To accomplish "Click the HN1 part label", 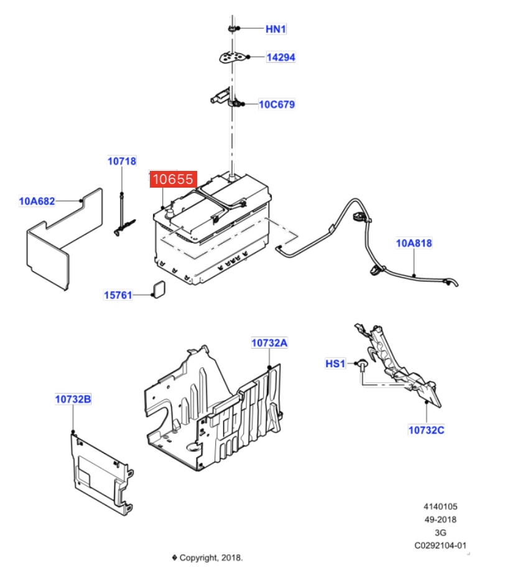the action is [x=276, y=29].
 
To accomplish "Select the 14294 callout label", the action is [x=281, y=57].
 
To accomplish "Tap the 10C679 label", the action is [x=277, y=104].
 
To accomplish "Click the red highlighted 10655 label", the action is [x=173, y=179].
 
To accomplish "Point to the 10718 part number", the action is [x=122, y=161].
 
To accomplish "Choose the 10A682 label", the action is [x=37, y=201].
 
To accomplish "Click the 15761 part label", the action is [x=118, y=295].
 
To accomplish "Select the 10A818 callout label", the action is [x=414, y=243].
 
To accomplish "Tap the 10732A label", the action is [x=269, y=342].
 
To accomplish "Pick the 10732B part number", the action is [x=73, y=399].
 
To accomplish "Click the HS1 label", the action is [x=335, y=364].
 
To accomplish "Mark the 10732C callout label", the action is [x=426, y=430].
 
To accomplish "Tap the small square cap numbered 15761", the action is [x=159, y=289].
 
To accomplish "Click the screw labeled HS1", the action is [x=362, y=365].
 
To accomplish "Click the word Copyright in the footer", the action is [x=198, y=557].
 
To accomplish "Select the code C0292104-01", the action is [x=440, y=546].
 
